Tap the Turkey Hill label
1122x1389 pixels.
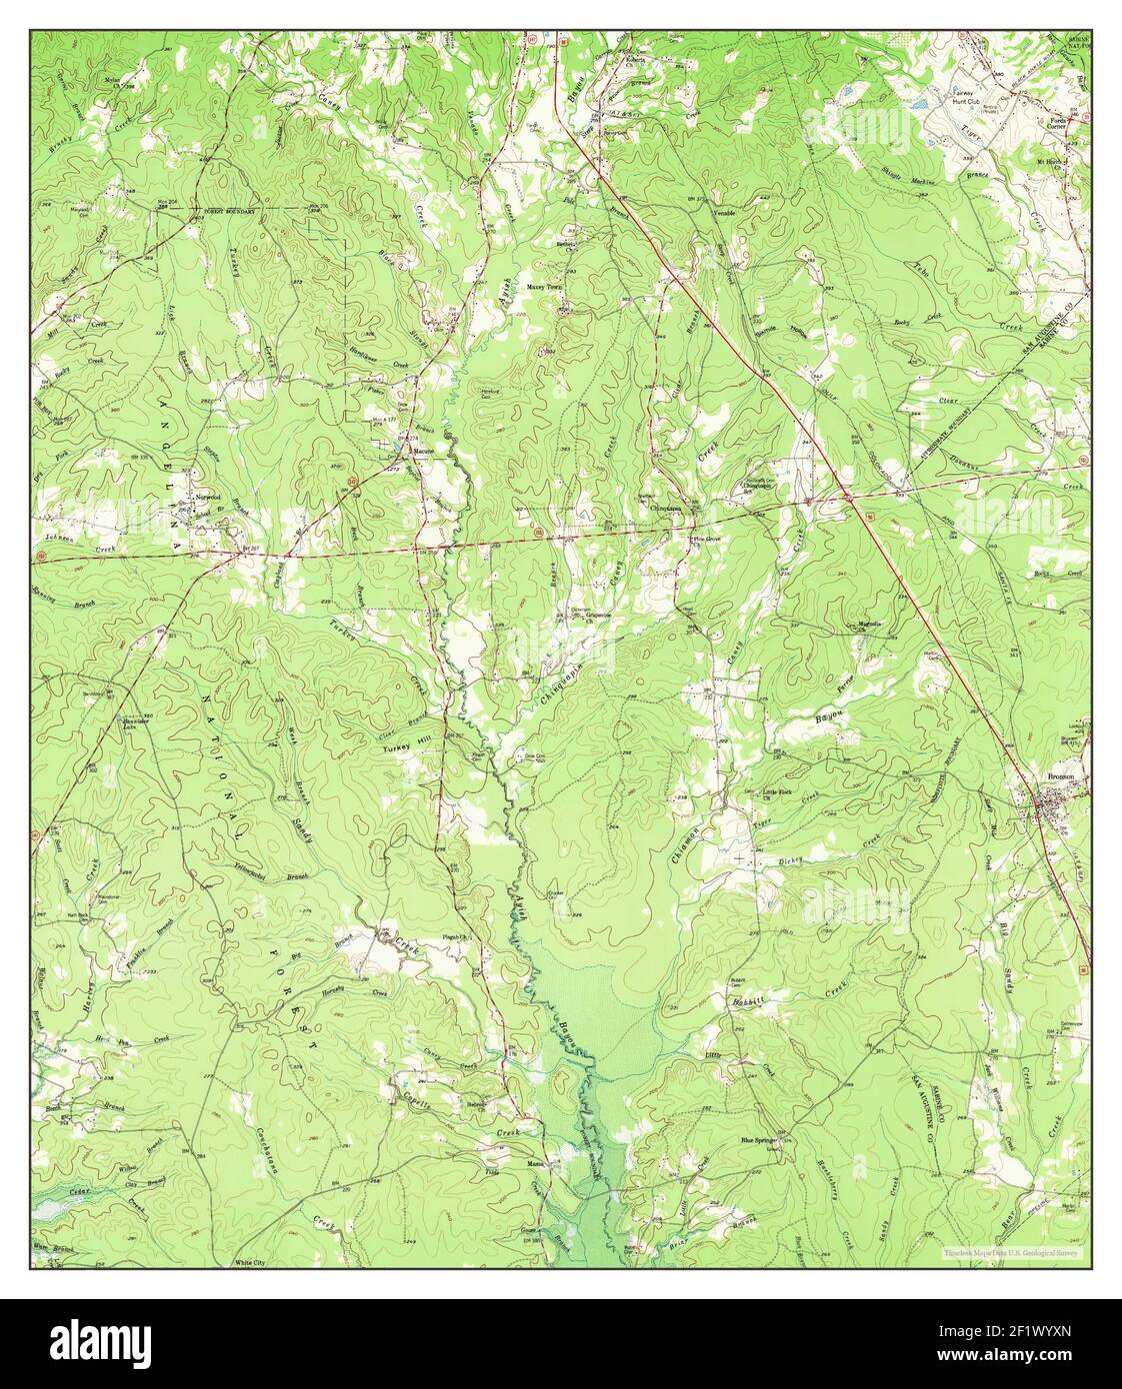[403, 746]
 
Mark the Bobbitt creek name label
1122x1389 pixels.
[748, 1001]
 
